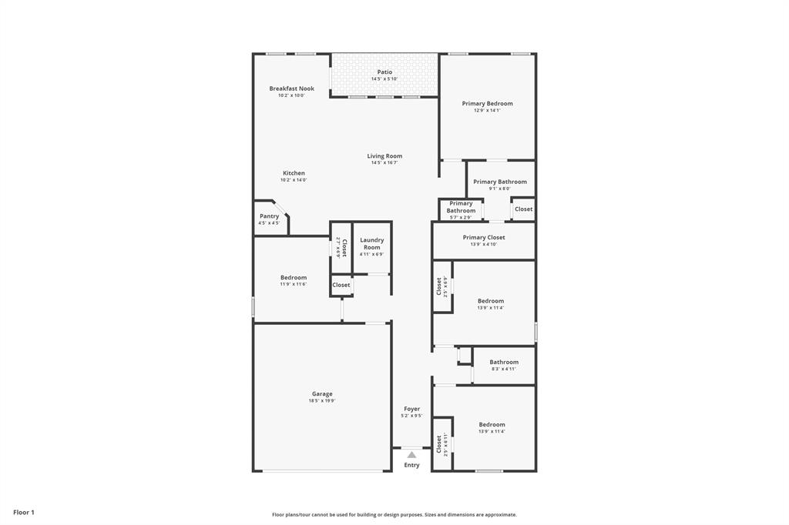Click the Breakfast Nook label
point(291,89)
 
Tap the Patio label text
point(384,72)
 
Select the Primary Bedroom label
point(487,103)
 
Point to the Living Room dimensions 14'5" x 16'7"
point(384,162)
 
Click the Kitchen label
point(294,173)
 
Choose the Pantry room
point(270,217)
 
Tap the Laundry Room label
point(371,243)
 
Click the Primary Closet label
point(484,238)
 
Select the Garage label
point(322,393)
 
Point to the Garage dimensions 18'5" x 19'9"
point(322,400)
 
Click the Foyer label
point(411,409)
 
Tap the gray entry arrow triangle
point(411,455)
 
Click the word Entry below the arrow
point(411,465)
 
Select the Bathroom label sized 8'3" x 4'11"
point(504,362)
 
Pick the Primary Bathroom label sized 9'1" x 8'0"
point(500,182)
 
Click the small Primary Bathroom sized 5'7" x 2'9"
point(461,207)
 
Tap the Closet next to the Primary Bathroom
point(523,209)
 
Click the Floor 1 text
point(24,512)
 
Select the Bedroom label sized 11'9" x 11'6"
point(293,277)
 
